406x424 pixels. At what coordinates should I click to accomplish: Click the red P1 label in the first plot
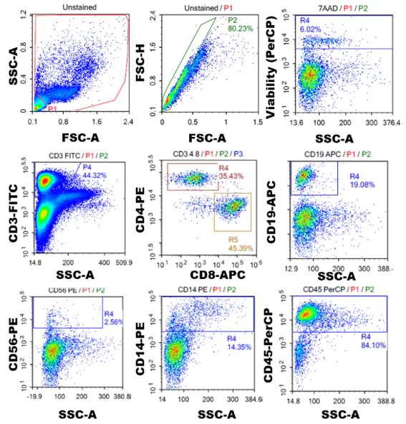(x=52, y=109)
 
